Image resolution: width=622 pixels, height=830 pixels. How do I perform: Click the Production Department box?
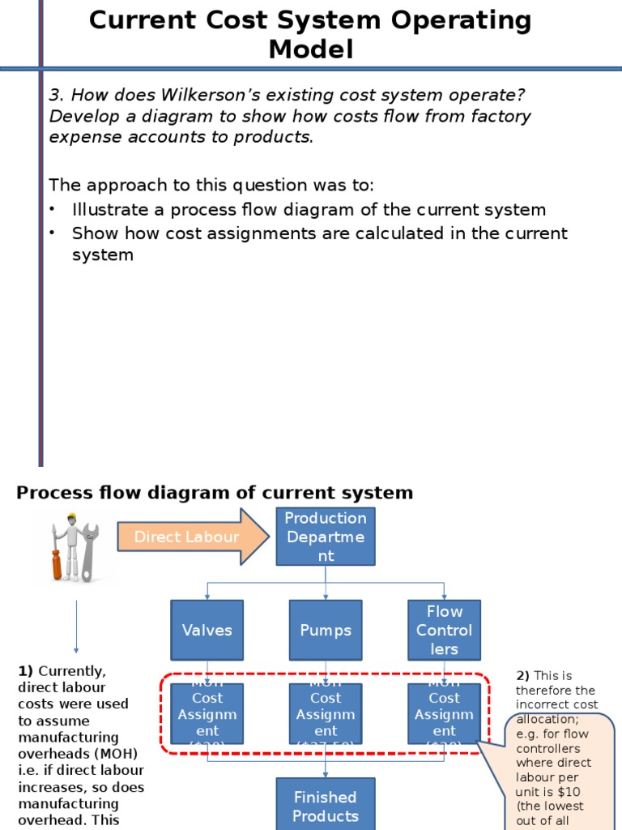[326, 537]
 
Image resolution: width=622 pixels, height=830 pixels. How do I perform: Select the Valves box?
[207, 630]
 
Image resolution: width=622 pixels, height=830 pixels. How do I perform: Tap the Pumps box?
[326, 630]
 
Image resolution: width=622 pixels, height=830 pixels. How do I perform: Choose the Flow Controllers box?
[444, 630]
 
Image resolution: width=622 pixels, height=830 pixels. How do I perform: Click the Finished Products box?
[326, 805]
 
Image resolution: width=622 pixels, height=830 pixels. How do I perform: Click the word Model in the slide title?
[311, 50]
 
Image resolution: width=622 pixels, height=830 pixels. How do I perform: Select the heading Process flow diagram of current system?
[215, 493]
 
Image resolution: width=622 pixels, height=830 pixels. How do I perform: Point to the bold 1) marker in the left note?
[26, 671]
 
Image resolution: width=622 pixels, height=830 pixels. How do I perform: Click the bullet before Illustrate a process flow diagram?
[53, 210]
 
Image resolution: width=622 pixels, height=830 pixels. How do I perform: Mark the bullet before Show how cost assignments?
[53, 233]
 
